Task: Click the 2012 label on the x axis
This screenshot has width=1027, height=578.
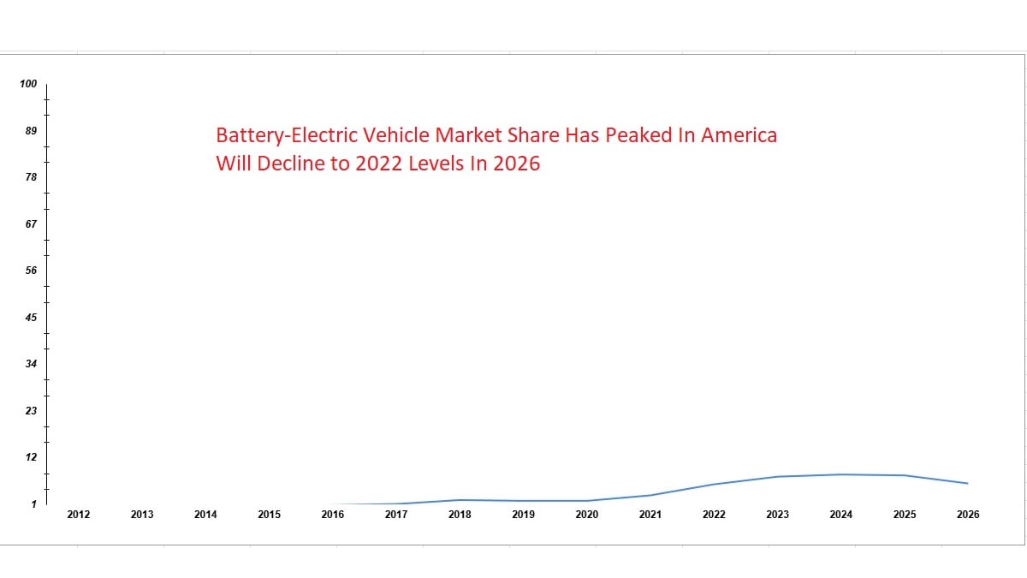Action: pos(79,515)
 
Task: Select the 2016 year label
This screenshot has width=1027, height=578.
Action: pos(333,515)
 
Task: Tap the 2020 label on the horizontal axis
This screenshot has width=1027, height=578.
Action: pos(587,515)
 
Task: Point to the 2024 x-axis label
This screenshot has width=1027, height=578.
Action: pos(841,515)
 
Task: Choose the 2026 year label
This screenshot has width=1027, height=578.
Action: pos(968,515)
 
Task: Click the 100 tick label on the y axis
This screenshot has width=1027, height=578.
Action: pos(28,84)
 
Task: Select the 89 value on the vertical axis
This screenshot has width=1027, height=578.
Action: pos(31,131)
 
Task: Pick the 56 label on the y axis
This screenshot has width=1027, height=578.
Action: pos(31,271)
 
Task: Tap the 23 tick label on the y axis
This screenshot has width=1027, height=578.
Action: pos(31,410)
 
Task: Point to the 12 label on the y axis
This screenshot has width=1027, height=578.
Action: pos(31,457)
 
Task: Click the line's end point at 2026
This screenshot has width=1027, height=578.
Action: pos(968,484)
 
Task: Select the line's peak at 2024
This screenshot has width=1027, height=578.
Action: pos(841,474)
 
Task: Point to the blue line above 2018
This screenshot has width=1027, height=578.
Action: pos(460,500)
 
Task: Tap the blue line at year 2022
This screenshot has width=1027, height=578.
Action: pos(714,485)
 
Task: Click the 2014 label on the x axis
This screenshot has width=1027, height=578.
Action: pos(205,515)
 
